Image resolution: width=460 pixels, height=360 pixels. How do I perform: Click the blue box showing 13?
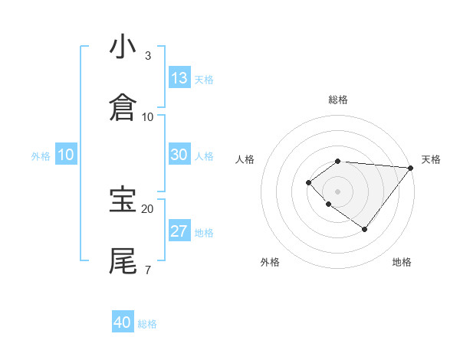point(179,78)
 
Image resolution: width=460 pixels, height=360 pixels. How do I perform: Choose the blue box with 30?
point(179,155)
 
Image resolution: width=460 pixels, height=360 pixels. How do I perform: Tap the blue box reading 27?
point(179,231)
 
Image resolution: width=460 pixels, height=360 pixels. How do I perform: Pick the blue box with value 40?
point(123,322)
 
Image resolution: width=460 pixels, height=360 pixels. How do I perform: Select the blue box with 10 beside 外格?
point(66,155)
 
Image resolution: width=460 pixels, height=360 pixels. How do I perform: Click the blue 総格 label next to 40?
point(147,324)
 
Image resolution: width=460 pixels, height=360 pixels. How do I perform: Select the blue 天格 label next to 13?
point(204,80)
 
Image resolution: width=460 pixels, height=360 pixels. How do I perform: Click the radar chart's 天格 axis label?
point(431,159)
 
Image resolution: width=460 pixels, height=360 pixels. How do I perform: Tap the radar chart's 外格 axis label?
point(270,262)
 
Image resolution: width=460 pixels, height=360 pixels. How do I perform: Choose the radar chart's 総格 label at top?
point(338,100)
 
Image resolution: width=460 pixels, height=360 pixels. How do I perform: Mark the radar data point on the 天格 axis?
point(411,168)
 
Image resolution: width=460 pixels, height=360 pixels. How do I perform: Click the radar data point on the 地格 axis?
point(365,229)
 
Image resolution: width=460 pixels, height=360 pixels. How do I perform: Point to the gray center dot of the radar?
point(338,191)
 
